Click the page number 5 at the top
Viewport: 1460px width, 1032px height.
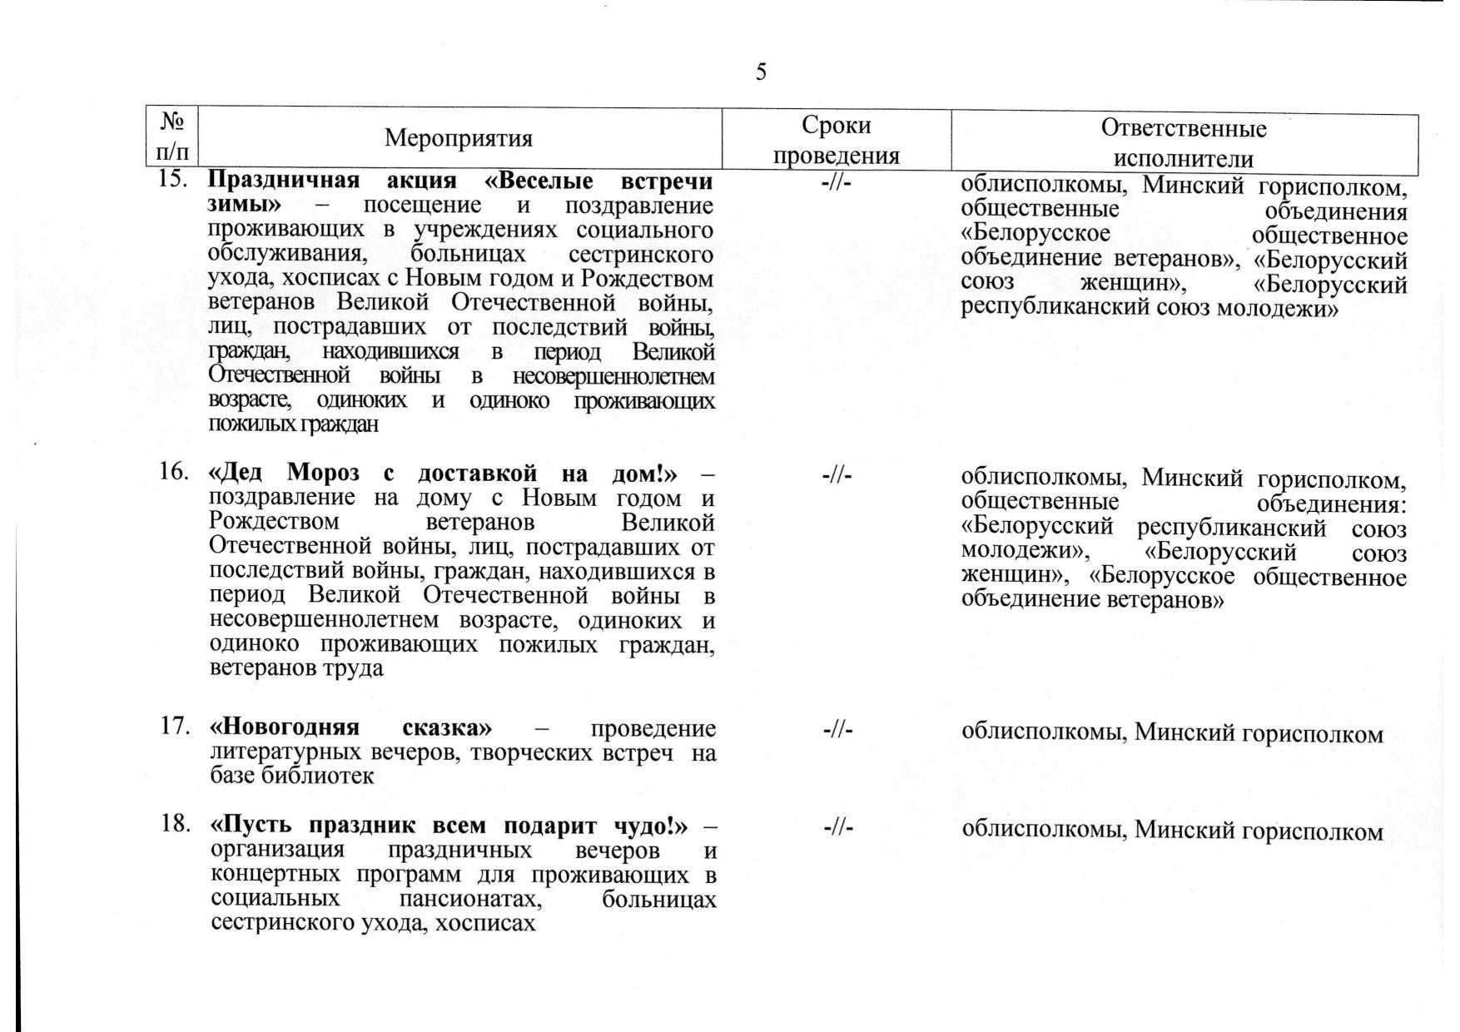coord(761,72)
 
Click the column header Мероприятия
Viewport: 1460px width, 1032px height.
coord(459,138)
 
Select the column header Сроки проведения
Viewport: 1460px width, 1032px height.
coord(836,140)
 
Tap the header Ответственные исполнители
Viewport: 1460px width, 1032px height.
coord(1184,142)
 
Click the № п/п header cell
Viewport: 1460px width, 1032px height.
coord(172,137)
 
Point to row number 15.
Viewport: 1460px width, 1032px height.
coord(171,181)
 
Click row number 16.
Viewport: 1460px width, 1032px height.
coord(171,473)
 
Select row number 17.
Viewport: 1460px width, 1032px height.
coord(171,727)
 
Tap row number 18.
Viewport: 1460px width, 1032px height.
coord(171,826)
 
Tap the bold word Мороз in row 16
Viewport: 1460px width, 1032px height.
coord(323,474)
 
